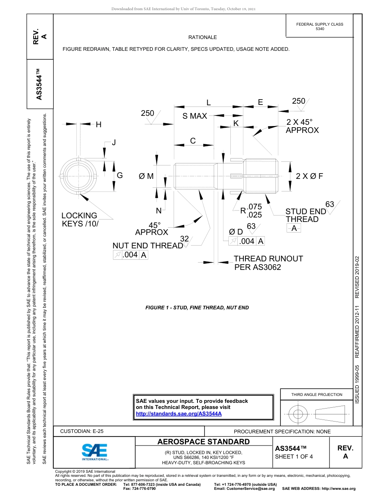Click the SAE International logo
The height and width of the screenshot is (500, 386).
pos(94,451)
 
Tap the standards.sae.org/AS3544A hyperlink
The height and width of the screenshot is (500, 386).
pos(178,413)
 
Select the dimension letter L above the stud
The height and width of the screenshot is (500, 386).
pos(208,102)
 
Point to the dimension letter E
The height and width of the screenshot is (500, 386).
pos(260,102)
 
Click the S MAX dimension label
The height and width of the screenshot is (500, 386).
pos(195,116)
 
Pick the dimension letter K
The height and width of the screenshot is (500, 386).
pos(236,123)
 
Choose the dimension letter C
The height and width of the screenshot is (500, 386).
pos(193,141)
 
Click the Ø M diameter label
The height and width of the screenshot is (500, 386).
pos(146,176)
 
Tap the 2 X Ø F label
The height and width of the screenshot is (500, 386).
pos(309,176)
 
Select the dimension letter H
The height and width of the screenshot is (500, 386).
pos(99,125)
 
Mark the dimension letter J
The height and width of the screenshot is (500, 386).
pos(114,142)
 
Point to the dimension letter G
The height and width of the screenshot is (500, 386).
pos(120,176)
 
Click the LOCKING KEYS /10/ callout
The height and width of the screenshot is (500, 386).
pos(80,220)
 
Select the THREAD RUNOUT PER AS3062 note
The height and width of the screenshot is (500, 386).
pos(268,263)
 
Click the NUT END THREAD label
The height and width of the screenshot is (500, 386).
pos(147,246)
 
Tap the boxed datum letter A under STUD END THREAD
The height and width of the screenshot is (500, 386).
pos(294,228)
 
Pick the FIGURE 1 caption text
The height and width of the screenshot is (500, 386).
pos(197,308)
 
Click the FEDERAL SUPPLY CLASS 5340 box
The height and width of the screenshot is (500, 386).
pos(320,26)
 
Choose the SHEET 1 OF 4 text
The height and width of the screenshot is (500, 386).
pos(294,456)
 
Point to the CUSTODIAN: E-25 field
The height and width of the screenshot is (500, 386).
pos(82,431)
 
